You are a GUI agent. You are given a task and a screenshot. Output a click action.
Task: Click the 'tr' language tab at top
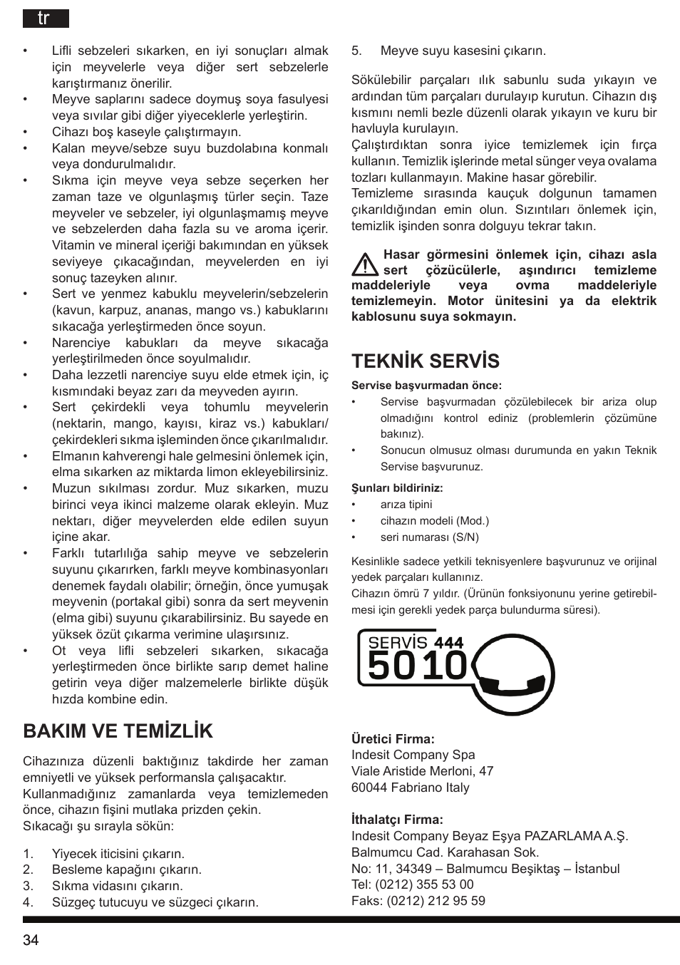point(44,19)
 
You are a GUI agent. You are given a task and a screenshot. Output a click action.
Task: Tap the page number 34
point(31,940)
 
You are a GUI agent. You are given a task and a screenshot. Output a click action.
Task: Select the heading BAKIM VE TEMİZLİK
point(118,731)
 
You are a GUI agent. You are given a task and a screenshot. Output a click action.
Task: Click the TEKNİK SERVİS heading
point(426,361)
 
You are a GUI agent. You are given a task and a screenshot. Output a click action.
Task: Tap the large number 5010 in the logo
point(417,666)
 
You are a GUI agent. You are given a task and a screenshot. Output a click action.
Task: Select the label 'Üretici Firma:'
point(393,739)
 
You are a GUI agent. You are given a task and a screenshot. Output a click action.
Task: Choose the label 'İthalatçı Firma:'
point(397,820)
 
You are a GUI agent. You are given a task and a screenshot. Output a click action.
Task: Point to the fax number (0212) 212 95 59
point(436,901)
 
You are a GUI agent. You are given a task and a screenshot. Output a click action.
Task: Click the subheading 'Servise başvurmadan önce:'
point(426,386)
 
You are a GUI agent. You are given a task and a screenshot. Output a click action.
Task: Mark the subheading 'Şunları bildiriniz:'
point(397,488)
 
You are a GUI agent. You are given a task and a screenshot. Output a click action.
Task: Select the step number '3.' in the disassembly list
point(29,886)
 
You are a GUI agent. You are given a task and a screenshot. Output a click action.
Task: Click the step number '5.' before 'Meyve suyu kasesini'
point(357,51)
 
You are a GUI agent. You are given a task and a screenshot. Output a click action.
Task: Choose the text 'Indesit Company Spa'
point(413,755)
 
